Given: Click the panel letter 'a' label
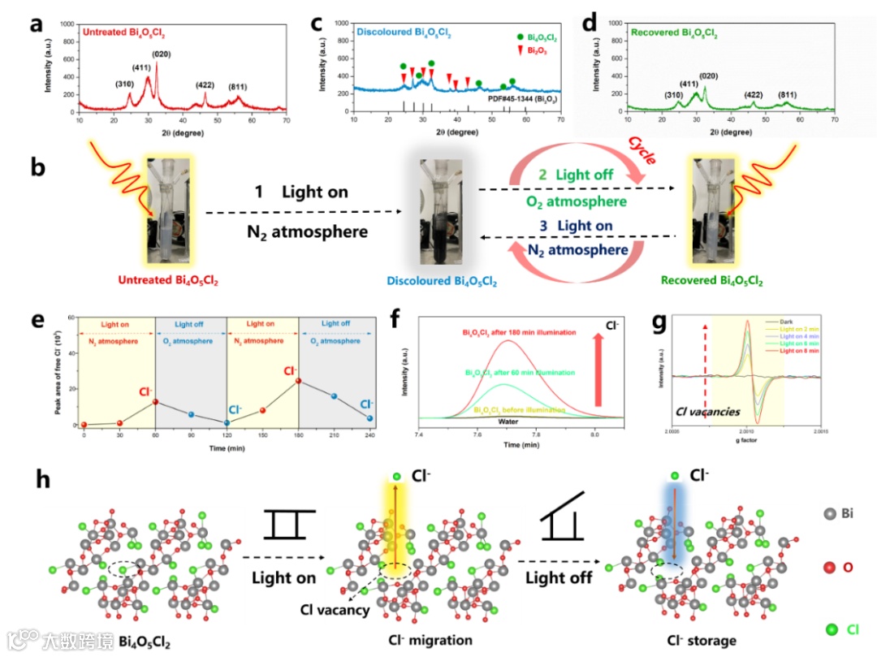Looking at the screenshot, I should [36, 23].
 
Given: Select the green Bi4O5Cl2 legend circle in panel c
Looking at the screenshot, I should [520, 37].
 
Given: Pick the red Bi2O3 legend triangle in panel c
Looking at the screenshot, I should [520, 50].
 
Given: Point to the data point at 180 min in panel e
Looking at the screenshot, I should [298, 381].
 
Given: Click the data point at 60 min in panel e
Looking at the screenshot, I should [155, 401].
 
